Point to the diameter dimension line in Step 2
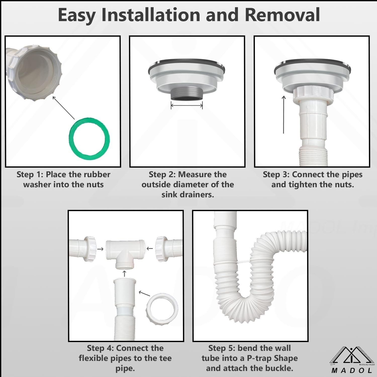pyautogui.click(x=187, y=106)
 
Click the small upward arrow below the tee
pyautogui.click(x=124, y=273)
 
